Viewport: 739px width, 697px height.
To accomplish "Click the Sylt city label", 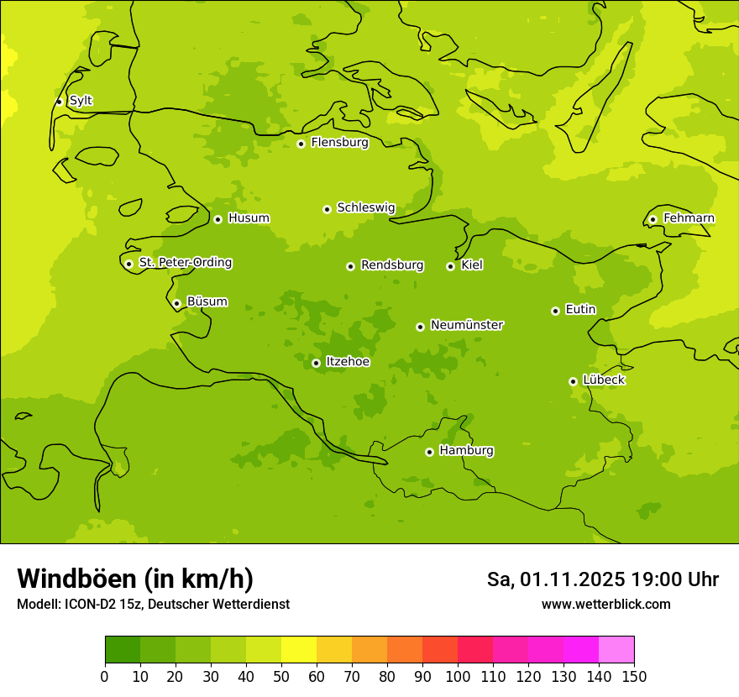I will click(x=81, y=101).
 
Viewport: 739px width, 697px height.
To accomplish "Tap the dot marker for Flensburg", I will click(x=301, y=144).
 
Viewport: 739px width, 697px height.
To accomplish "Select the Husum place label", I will click(x=249, y=218).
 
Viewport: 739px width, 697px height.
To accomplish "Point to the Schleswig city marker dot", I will click(x=327, y=209).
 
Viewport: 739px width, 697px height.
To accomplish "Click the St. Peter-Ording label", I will click(x=186, y=263).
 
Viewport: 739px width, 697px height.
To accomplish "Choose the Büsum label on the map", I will click(x=207, y=301).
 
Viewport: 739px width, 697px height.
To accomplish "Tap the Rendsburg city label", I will click(x=392, y=265).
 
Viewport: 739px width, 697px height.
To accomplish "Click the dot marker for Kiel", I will click(x=450, y=266).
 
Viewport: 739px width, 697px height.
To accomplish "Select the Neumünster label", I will click(x=467, y=325).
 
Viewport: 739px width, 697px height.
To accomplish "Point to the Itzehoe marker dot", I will click(x=316, y=364).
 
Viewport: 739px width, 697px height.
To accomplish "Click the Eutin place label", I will click(x=580, y=310).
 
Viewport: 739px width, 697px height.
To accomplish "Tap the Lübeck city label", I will click(x=604, y=380).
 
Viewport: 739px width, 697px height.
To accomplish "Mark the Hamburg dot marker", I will click(x=429, y=452).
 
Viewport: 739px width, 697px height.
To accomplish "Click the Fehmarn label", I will click(x=689, y=218).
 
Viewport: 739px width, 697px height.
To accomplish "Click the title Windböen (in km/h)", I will click(x=135, y=579).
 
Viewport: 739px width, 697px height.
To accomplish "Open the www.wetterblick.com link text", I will click(x=605, y=605).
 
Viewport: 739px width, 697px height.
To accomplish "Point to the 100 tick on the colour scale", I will click(x=458, y=677).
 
